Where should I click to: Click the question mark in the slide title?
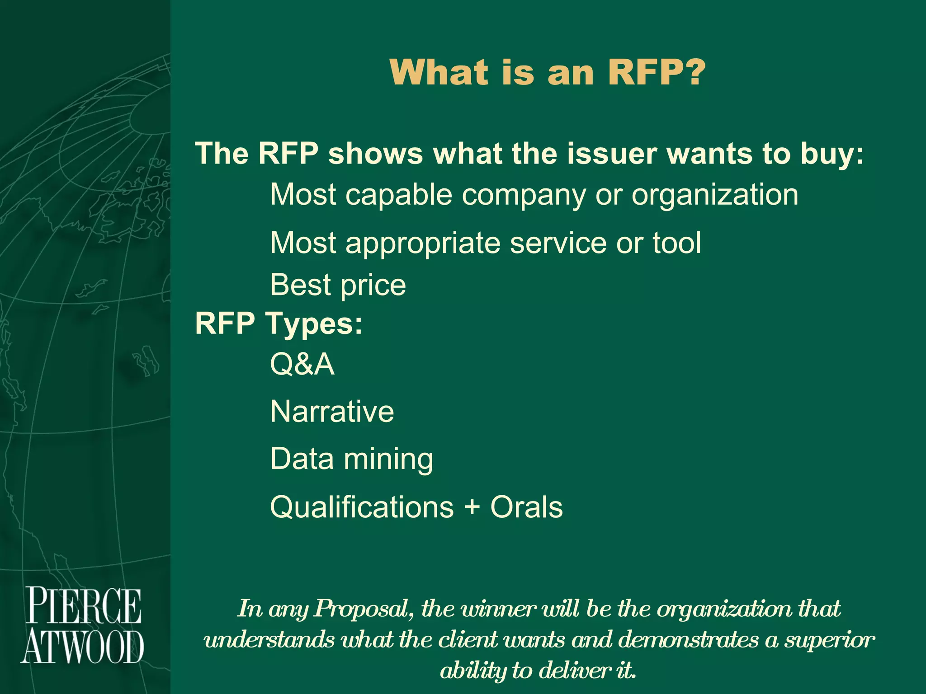[x=691, y=72]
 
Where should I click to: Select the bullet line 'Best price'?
[x=338, y=285]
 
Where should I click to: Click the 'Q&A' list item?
[x=302, y=364]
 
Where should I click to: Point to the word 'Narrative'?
[x=332, y=412]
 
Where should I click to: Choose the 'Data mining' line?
[x=351, y=460]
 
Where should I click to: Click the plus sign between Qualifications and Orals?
[x=472, y=506]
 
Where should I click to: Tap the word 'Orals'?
[x=526, y=507]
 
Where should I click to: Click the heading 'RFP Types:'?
[x=279, y=324]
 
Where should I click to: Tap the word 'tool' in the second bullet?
[x=676, y=243]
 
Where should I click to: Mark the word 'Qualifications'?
[x=362, y=507]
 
